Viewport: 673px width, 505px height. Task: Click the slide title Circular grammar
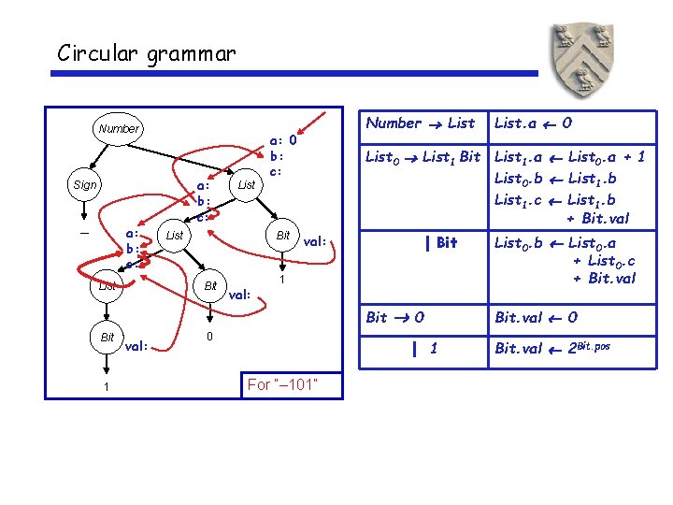coord(146,52)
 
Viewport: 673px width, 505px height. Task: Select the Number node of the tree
coord(118,128)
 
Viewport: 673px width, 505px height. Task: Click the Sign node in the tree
coord(85,185)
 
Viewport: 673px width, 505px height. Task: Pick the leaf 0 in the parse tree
coord(210,335)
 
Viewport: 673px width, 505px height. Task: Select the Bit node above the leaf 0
coord(211,285)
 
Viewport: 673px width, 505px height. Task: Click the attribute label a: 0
coord(283,141)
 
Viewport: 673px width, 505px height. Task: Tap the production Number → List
coord(421,123)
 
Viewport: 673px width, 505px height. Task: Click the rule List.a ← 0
coord(534,123)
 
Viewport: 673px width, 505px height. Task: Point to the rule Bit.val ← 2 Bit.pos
coord(552,349)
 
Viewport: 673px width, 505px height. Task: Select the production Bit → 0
coord(395,317)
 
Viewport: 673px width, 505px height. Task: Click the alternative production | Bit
coord(440,243)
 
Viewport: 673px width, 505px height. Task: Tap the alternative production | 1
coord(424,349)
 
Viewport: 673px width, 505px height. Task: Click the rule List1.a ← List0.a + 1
coord(569,157)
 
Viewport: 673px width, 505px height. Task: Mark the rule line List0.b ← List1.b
coord(555,178)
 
